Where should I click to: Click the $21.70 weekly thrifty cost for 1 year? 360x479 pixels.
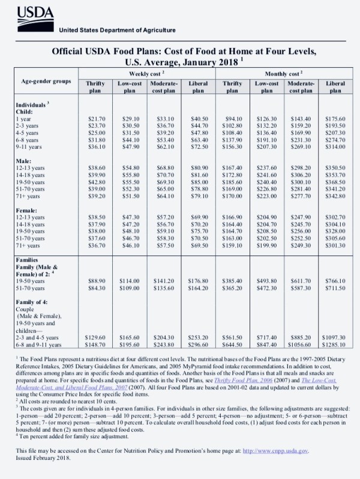click(96, 119)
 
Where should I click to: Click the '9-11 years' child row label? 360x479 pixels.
click(29, 146)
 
